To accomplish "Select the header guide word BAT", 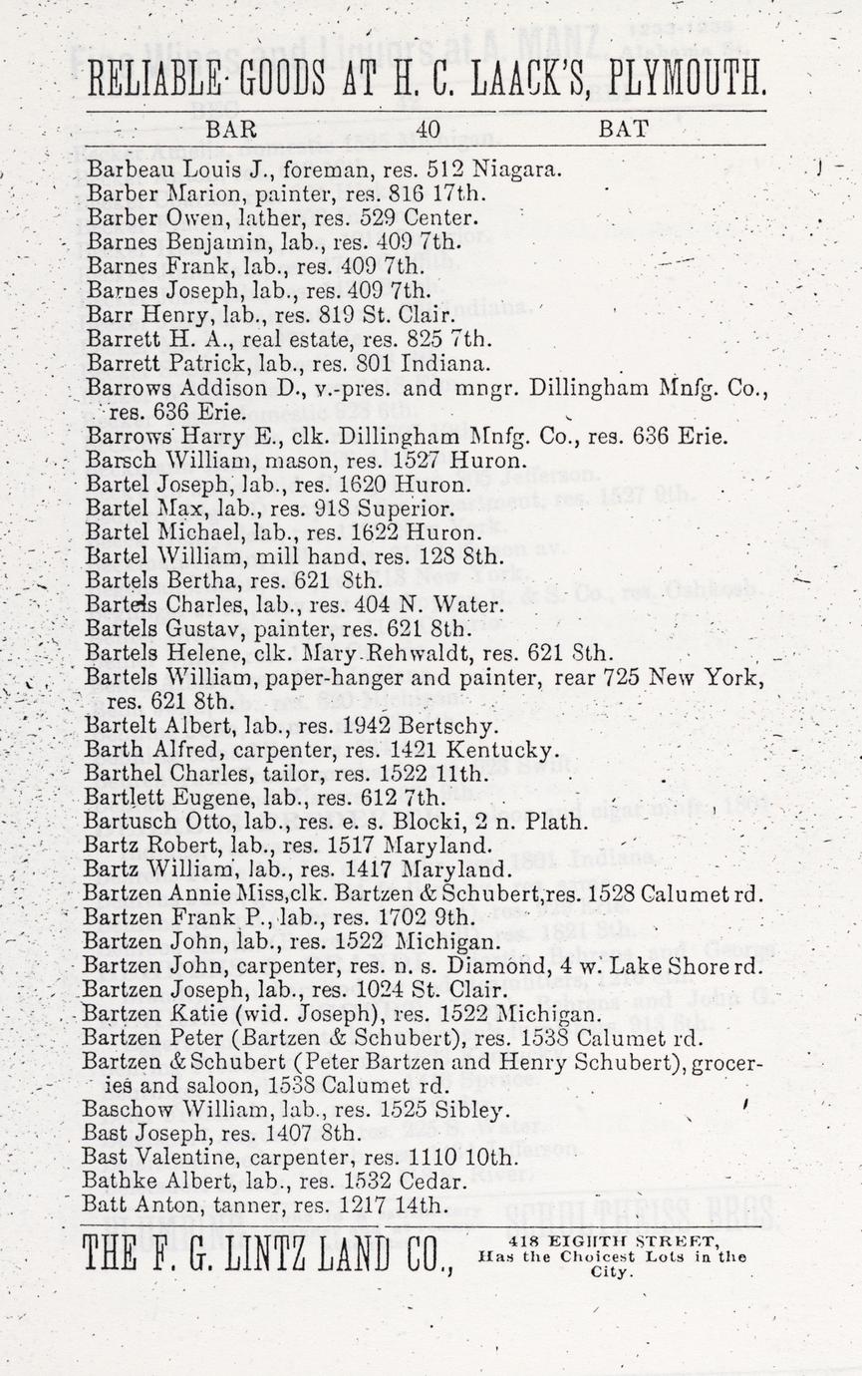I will click(x=625, y=129).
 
